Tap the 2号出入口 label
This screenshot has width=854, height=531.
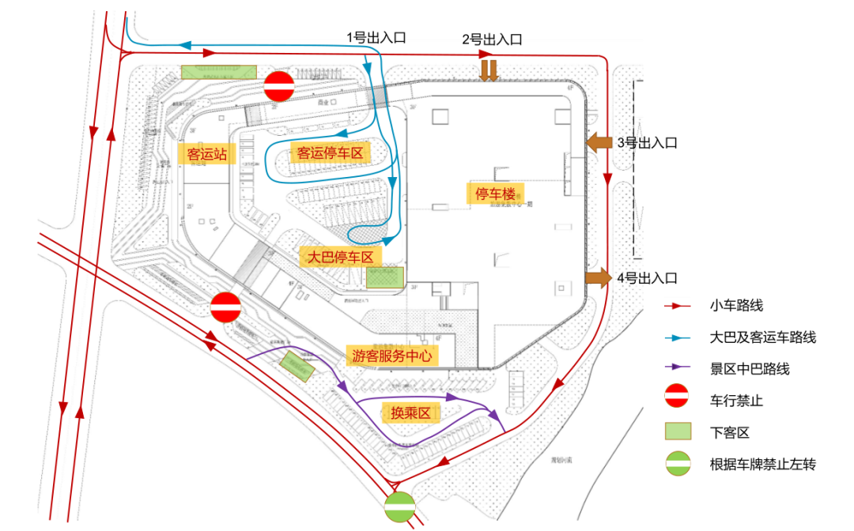492,39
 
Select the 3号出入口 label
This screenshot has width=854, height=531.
648,143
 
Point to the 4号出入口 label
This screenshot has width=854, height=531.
648,278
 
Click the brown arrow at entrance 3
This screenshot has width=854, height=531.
599,142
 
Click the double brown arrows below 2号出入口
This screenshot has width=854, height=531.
489,70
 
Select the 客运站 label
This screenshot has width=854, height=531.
207,153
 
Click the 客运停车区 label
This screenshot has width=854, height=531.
330,153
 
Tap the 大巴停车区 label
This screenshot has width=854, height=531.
340,257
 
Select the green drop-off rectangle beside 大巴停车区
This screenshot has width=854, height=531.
385,277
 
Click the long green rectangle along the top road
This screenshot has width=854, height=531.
219,72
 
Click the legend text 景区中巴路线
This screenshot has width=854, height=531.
749,369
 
